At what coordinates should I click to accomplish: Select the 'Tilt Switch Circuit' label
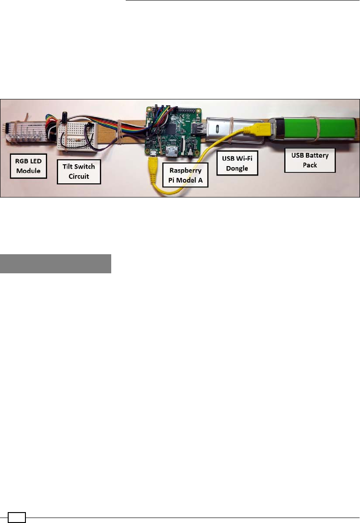pos(79,171)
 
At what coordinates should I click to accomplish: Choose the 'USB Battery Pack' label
pos(310,160)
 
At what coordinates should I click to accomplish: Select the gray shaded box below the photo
pos(56,264)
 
